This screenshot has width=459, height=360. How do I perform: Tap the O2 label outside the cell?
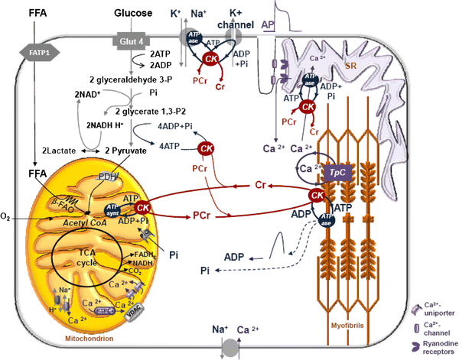coord(7,219)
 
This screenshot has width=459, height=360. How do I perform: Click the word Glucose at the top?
coord(132,14)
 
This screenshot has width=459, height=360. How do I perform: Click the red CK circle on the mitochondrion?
coord(142,207)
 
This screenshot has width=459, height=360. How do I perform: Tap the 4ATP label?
coord(168,144)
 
